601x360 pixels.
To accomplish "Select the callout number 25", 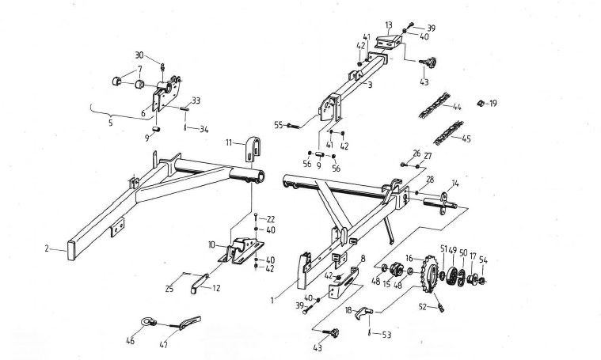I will click(170, 290).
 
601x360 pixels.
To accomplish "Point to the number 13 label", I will click(389, 25).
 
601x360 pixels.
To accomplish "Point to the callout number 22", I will click(270, 219).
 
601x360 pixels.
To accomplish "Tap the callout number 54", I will click(483, 260).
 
